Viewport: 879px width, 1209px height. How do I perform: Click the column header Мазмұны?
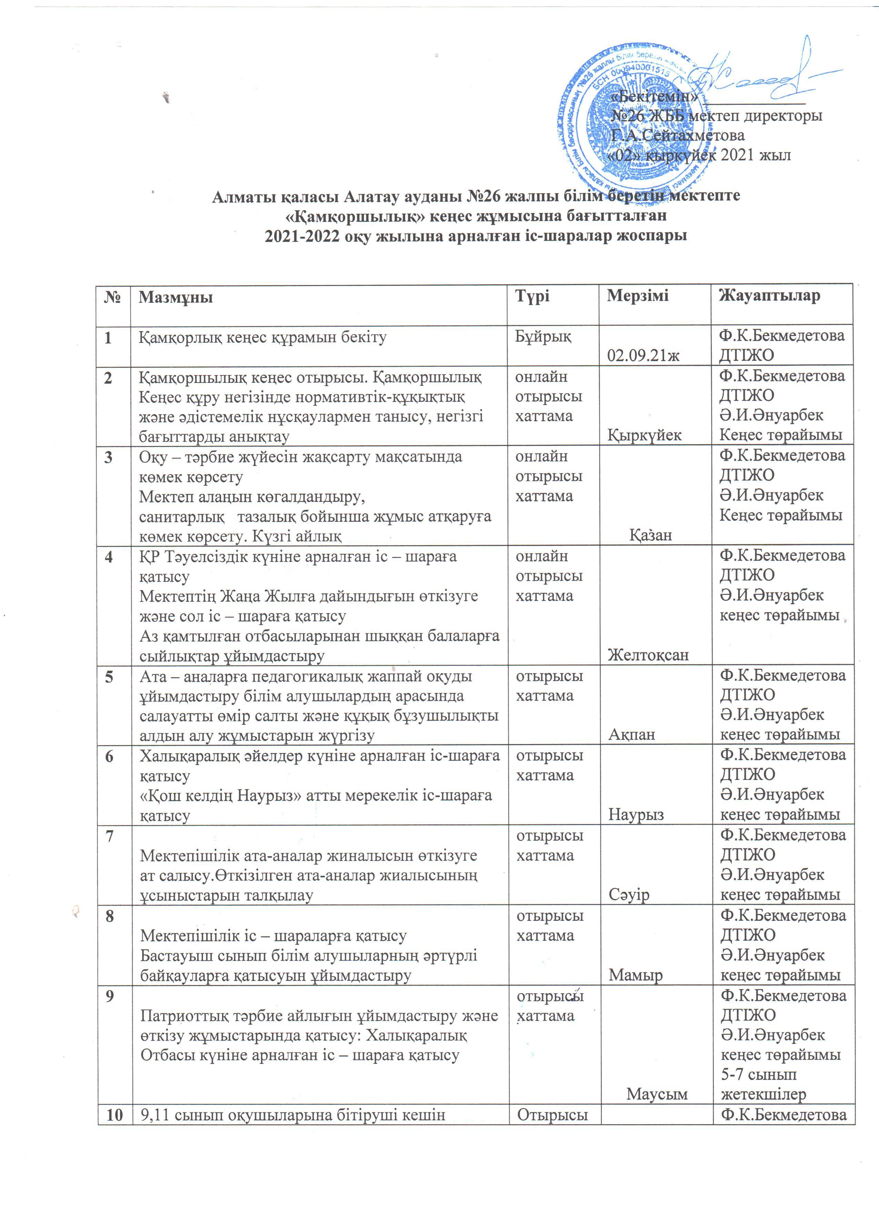175,297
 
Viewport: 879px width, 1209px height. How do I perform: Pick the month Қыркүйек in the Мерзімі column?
645,435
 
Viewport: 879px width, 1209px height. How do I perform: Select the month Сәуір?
629,894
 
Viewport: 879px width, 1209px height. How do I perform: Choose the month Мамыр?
636,975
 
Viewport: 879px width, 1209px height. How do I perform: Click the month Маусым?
657,1094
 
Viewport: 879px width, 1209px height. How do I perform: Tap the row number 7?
110,836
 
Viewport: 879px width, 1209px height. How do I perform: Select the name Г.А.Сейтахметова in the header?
677,135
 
